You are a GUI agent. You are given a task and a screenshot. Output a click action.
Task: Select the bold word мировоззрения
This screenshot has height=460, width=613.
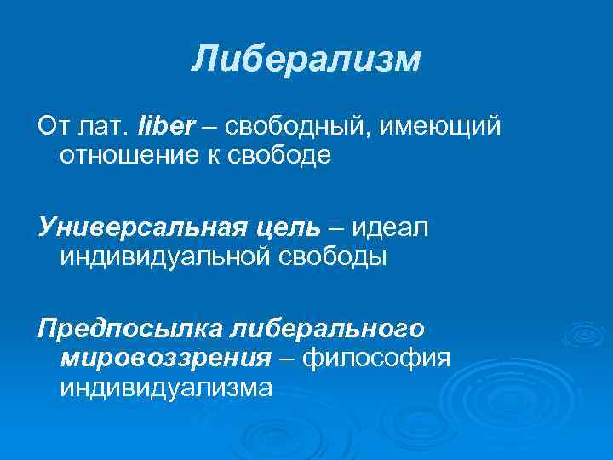164,357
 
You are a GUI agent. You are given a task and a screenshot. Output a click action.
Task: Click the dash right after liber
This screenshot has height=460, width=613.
209,128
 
